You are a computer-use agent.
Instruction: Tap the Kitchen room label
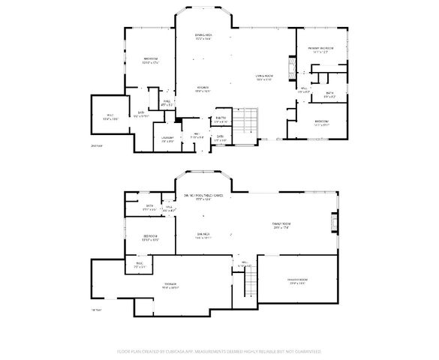click(203, 88)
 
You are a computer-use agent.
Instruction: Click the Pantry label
click(221, 119)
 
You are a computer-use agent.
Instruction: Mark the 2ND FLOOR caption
click(97, 145)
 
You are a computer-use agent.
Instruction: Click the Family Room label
click(281, 225)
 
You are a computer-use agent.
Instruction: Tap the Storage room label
click(170, 285)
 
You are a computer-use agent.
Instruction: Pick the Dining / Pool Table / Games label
click(209, 197)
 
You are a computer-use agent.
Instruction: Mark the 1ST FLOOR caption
click(96, 308)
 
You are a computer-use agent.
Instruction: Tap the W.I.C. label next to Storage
click(140, 264)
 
